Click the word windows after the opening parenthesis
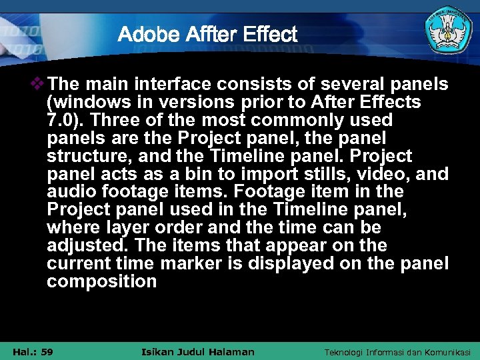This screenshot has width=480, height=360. pyautogui.click(x=84, y=103)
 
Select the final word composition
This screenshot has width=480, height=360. pyautogui.click(x=101, y=282)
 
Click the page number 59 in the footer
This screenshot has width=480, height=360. pyautogui.click(x=46, y=352)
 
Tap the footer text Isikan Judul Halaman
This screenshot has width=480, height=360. pyautogui.click(x=199, y=352)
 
